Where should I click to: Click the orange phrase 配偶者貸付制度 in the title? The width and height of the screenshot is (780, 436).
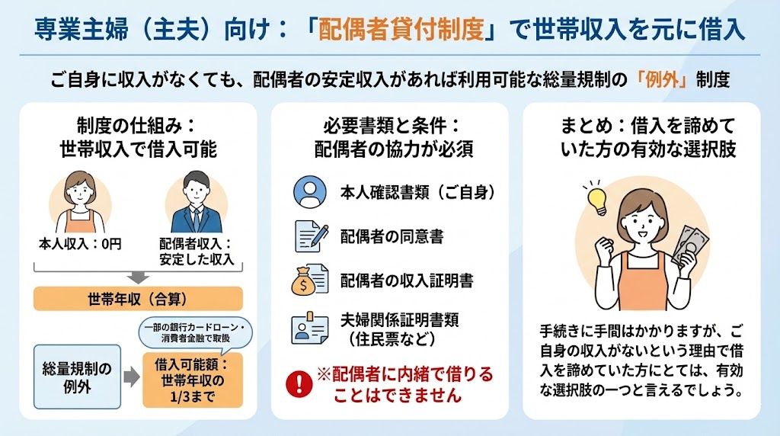(401, 29)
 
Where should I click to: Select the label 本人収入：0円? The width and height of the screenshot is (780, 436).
(80, 244)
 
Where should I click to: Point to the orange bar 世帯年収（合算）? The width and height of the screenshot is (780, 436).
(139, 299)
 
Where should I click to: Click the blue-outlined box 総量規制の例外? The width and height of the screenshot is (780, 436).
(77, 377)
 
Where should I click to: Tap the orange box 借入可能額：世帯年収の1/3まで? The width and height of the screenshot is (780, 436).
(193, 380)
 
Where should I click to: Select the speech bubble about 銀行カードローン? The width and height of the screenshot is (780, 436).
(195, 333)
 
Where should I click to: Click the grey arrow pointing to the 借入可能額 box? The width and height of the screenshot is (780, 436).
(132, 377)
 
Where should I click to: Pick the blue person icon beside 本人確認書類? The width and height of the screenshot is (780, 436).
(310, 191)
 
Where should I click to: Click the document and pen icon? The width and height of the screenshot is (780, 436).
(312, 236)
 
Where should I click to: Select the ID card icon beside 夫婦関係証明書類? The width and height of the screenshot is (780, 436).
(309, 328)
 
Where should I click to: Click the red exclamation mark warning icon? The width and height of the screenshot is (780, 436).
(299, 383)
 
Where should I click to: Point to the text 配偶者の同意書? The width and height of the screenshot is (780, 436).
(392, 236)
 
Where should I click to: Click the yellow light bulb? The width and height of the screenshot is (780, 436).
(596, 198)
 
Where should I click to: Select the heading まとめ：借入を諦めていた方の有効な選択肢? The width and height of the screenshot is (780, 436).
(647, 137)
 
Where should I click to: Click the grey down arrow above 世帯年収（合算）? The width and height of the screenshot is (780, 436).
(138, 277)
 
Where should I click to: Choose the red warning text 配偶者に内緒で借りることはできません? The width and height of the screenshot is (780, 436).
(404, 384)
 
